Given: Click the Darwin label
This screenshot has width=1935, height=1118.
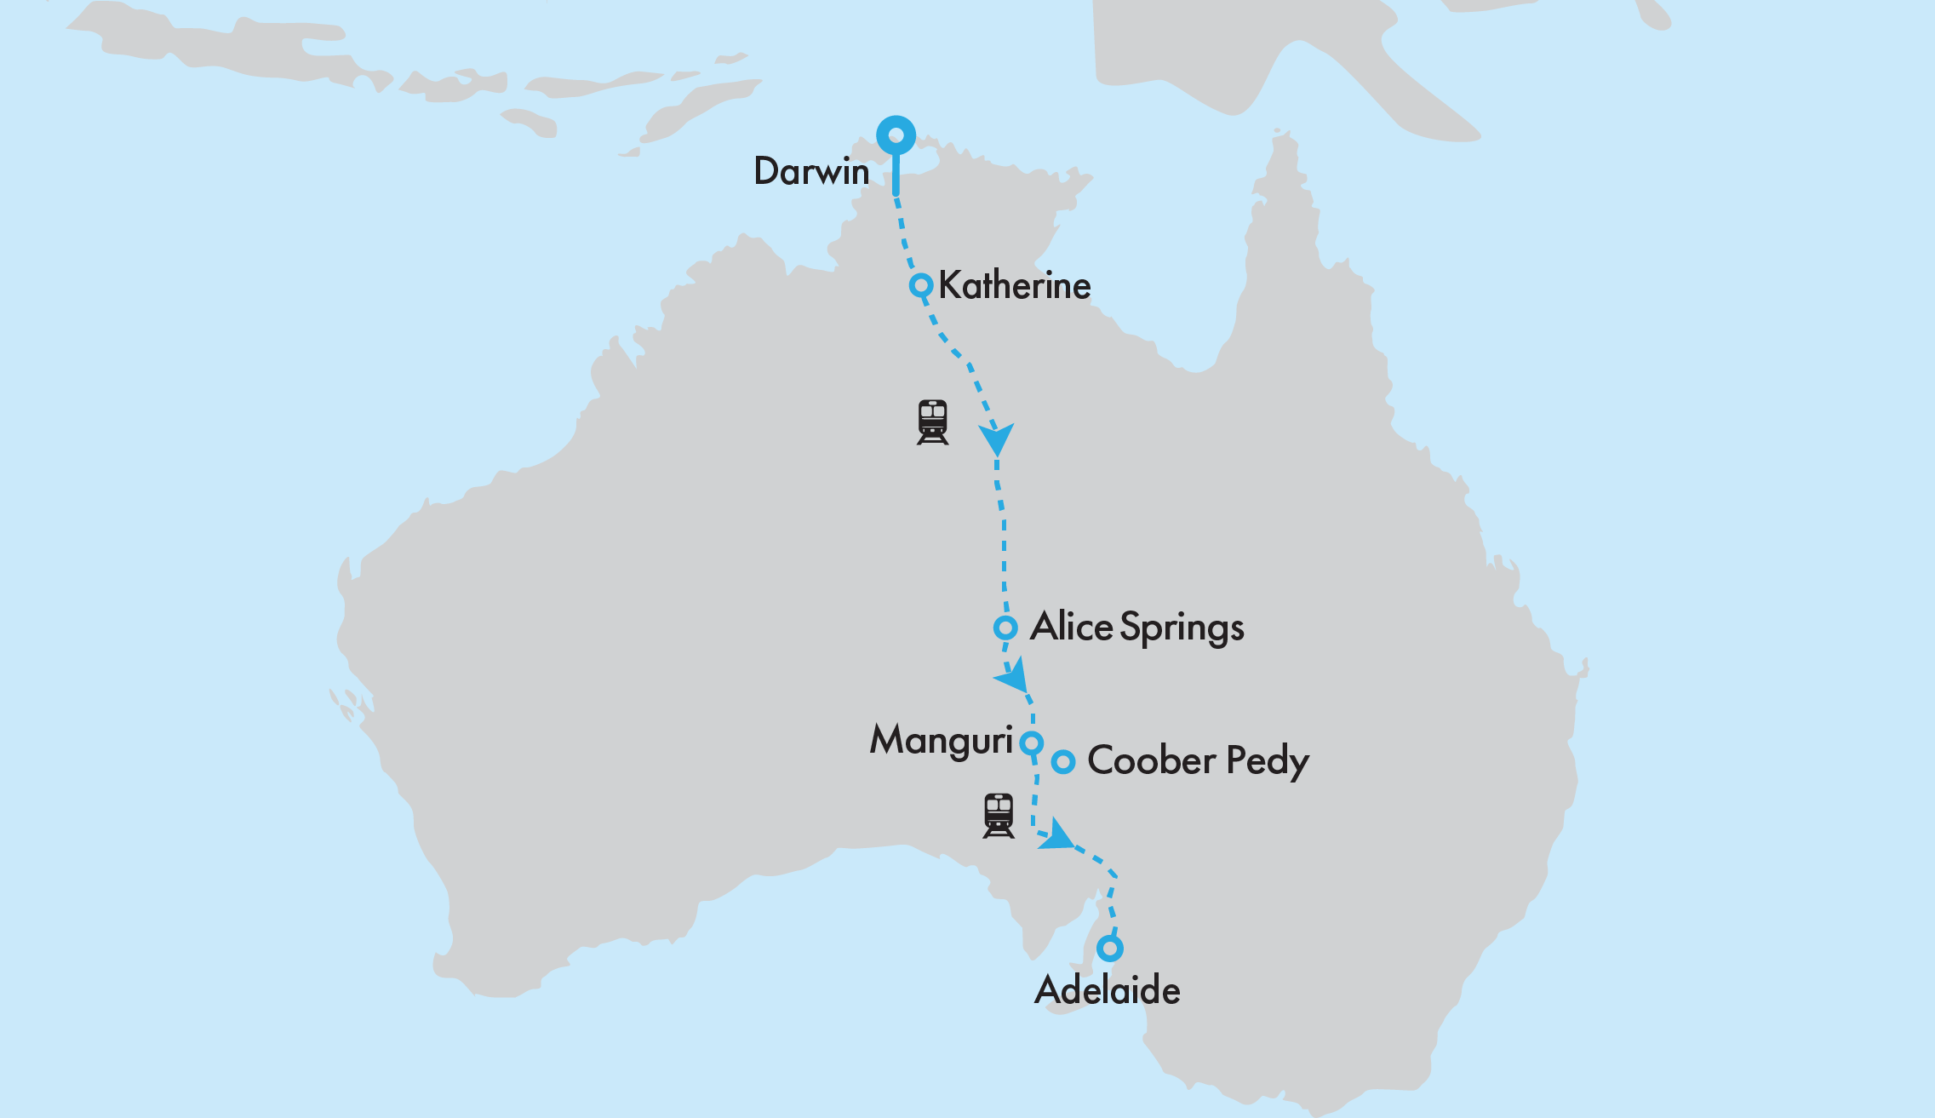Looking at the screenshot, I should point(811,171).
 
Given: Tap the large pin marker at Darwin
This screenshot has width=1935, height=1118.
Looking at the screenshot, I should point(896,135).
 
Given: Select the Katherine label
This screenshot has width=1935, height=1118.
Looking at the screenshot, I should point(1015,285).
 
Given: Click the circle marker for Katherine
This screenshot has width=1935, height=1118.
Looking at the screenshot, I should point(921,285).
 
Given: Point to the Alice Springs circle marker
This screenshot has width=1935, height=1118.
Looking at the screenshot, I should point(1005,628).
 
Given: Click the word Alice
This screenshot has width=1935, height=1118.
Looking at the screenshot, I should point(1071,627).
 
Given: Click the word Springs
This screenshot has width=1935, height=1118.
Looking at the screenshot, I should point(1182,628).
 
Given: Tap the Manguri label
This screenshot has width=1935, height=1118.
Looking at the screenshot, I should point(941,740).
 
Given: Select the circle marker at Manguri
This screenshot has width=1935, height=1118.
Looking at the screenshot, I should point(1032,742).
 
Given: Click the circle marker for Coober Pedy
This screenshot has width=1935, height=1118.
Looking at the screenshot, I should point(1063,761).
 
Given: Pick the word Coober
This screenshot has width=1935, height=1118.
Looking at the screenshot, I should point(1151,760).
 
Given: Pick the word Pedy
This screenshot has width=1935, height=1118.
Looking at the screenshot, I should point(1267,761).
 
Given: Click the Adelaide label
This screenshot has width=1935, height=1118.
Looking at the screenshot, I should point(1108,990).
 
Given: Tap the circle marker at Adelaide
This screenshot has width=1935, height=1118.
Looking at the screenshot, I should point(1109,948).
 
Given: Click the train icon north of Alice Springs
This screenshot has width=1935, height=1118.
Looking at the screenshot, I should point(933,421).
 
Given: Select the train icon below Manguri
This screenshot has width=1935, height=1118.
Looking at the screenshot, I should point(999,815).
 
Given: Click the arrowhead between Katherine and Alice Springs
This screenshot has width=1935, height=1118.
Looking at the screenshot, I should point(996,438).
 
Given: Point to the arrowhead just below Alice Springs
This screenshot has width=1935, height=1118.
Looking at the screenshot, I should point(1013,677).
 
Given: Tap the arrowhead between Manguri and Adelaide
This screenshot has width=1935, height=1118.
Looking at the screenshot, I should point(1056,835).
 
